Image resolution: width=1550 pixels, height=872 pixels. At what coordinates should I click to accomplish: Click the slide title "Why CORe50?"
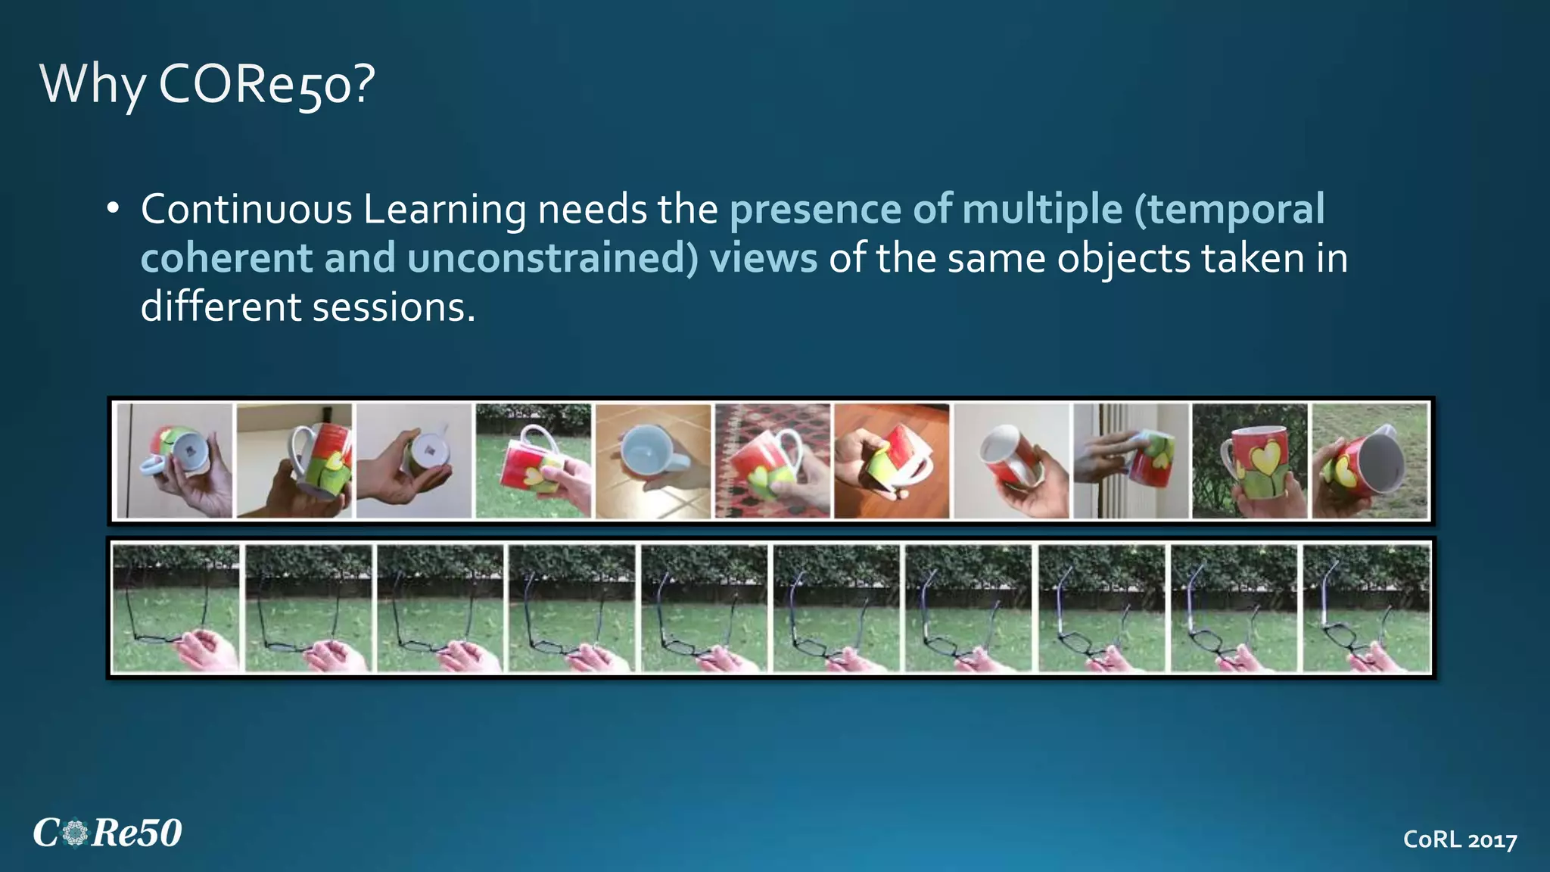tap(207, 84)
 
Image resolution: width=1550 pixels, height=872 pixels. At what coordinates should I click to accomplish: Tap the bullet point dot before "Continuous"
tap(113, 208)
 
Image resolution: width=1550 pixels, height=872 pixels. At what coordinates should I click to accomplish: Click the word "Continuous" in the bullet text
tap(247, 210)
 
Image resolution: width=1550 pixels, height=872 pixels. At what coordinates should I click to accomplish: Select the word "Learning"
tap(445, 211)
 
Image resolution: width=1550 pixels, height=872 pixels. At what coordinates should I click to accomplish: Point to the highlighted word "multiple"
tap(1042, 210)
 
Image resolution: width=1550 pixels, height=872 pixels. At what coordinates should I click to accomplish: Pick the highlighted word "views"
tap(763, 258)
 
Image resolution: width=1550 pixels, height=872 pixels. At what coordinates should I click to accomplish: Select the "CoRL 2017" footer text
tap(1460, 839)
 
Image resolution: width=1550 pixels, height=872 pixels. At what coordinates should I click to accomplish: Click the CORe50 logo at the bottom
tap(107, 833)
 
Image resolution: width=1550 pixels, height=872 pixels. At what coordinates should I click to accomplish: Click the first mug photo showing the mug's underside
tap(175, 461)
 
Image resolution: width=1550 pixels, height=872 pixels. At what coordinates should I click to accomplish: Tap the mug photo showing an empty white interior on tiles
tap(653, 461)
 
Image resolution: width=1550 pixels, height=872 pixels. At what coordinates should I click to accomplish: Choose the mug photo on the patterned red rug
tap(772, 461)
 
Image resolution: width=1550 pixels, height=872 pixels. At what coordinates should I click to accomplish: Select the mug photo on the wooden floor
tap(892, 461)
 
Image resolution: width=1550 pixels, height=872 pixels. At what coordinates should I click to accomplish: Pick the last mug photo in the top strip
tap(1370, 461)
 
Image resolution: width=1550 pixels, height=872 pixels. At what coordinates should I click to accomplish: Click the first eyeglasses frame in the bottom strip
tap(176, 609)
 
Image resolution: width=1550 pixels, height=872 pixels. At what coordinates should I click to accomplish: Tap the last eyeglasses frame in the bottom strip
tap(1366, 609)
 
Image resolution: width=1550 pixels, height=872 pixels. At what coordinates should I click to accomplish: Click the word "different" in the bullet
tap(221, 307)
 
